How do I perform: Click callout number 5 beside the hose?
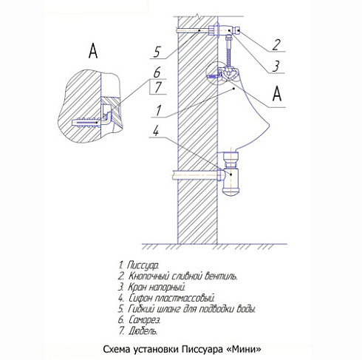157,52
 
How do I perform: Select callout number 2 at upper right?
276,45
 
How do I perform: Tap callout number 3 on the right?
276,66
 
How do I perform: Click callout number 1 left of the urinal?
158,110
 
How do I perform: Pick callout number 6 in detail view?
157,72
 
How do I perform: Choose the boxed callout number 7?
158,87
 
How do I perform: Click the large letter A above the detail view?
93,51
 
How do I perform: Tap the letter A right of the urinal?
277,94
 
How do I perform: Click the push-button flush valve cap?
238,30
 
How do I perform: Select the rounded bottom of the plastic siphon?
230,191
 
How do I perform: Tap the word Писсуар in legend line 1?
143,265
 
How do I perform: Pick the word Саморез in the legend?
144,320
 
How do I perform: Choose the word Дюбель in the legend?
143,331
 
